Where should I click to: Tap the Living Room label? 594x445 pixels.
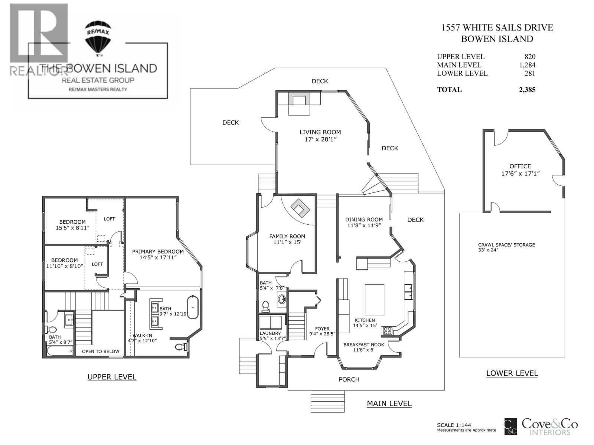pyautogui.click(x=320, y=132)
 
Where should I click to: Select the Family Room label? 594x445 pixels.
pyautogui.click(x=287, y=236)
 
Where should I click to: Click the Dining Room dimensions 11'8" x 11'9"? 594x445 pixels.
pyautogui.click(x=364, y=225)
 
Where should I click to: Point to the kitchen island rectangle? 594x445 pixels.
pyautogui.click(x=375, y=300)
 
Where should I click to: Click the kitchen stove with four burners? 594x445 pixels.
pyautogui.click(x=388, y=331)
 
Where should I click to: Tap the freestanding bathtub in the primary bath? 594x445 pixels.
pyautogui.click(x=193, y=307)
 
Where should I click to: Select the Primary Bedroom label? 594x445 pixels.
pyautogui.click(x=158, y=251)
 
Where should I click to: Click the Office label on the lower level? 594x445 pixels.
pyautogui.click(x=520, y=166)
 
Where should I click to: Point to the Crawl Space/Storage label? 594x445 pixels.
pyautogui.click(x=506, y=245)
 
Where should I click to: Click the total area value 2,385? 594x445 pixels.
pyautogui.click(x=527, y=90)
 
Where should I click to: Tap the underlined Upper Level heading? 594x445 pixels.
pyautogui.click(x=112, y=377)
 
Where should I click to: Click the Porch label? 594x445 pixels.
pyautogui.click(x=349, y=379)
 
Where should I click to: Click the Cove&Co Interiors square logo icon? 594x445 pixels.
pyautogui.click(x=510, y=427)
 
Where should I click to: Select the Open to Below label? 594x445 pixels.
pyautogui.click(x=100, y=351)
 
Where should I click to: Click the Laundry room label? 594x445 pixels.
pyautogui.click(x=270, y=333)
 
